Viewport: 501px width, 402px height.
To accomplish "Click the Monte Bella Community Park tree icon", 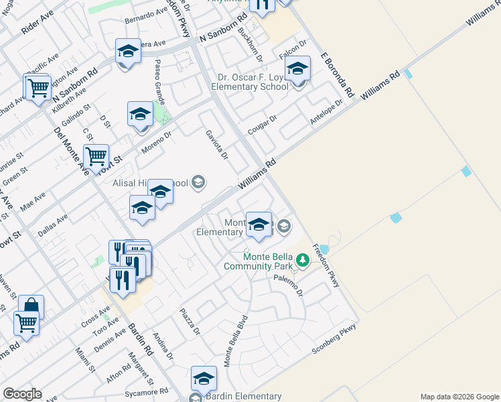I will click(x=303, y=259).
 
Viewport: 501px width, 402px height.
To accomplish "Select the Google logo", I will click(x=22, y=394).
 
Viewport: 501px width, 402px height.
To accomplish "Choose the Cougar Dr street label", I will click(x=263, y=123).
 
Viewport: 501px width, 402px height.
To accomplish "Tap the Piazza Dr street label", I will click(x=190, y=322).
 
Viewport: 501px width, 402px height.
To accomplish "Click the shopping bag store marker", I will click(x=31, y=306).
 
